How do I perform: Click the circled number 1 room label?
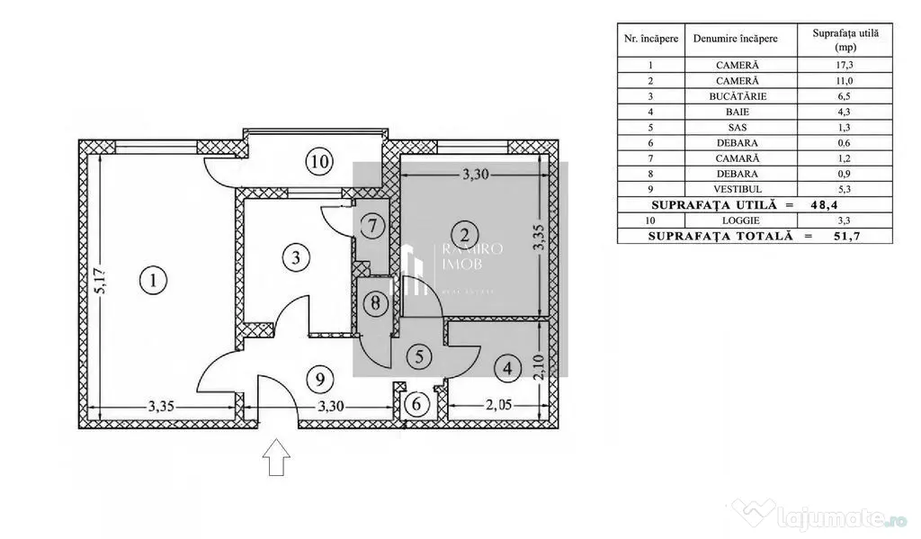[x=153, y=281]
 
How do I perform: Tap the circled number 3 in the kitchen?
[x=295, y=257]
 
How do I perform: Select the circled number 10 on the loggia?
[x=319, y=161]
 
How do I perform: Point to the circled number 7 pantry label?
[x=372, y=226]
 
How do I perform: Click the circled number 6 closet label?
[x=416, y=404]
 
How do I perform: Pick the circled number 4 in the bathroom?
[x=507, y=369]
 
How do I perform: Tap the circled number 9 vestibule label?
[x=319, y=379]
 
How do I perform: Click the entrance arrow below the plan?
[x=276, y=457]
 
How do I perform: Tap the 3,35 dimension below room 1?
[x=160, y=406]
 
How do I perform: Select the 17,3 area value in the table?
[x=845, y=66]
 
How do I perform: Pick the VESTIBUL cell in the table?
[x=738, y=189]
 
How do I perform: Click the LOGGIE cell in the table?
[x=738, y=220]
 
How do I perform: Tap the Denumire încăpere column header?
[x=736, y=39]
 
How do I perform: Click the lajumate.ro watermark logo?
[x=820, y=516]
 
